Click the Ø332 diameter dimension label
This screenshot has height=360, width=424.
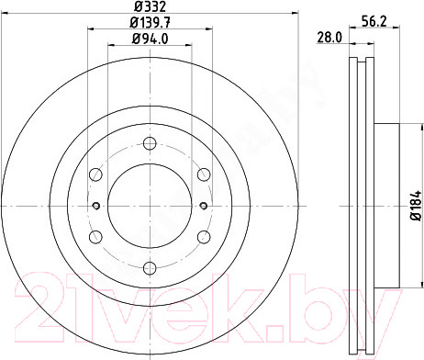click(150, 6)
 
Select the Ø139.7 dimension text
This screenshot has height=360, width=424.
click(150, 22)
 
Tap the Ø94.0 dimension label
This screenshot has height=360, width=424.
click(150, 39)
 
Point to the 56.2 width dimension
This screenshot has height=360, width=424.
click(374, 21)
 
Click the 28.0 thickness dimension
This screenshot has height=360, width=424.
click(329, 38)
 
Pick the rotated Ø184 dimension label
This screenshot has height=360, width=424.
click(416, 206)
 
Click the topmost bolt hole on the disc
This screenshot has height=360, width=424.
click(150, 143)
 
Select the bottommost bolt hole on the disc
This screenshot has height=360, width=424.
click(150, 268)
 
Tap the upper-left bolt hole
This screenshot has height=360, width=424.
click(95, 174)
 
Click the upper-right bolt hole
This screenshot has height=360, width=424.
click(204, 174)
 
